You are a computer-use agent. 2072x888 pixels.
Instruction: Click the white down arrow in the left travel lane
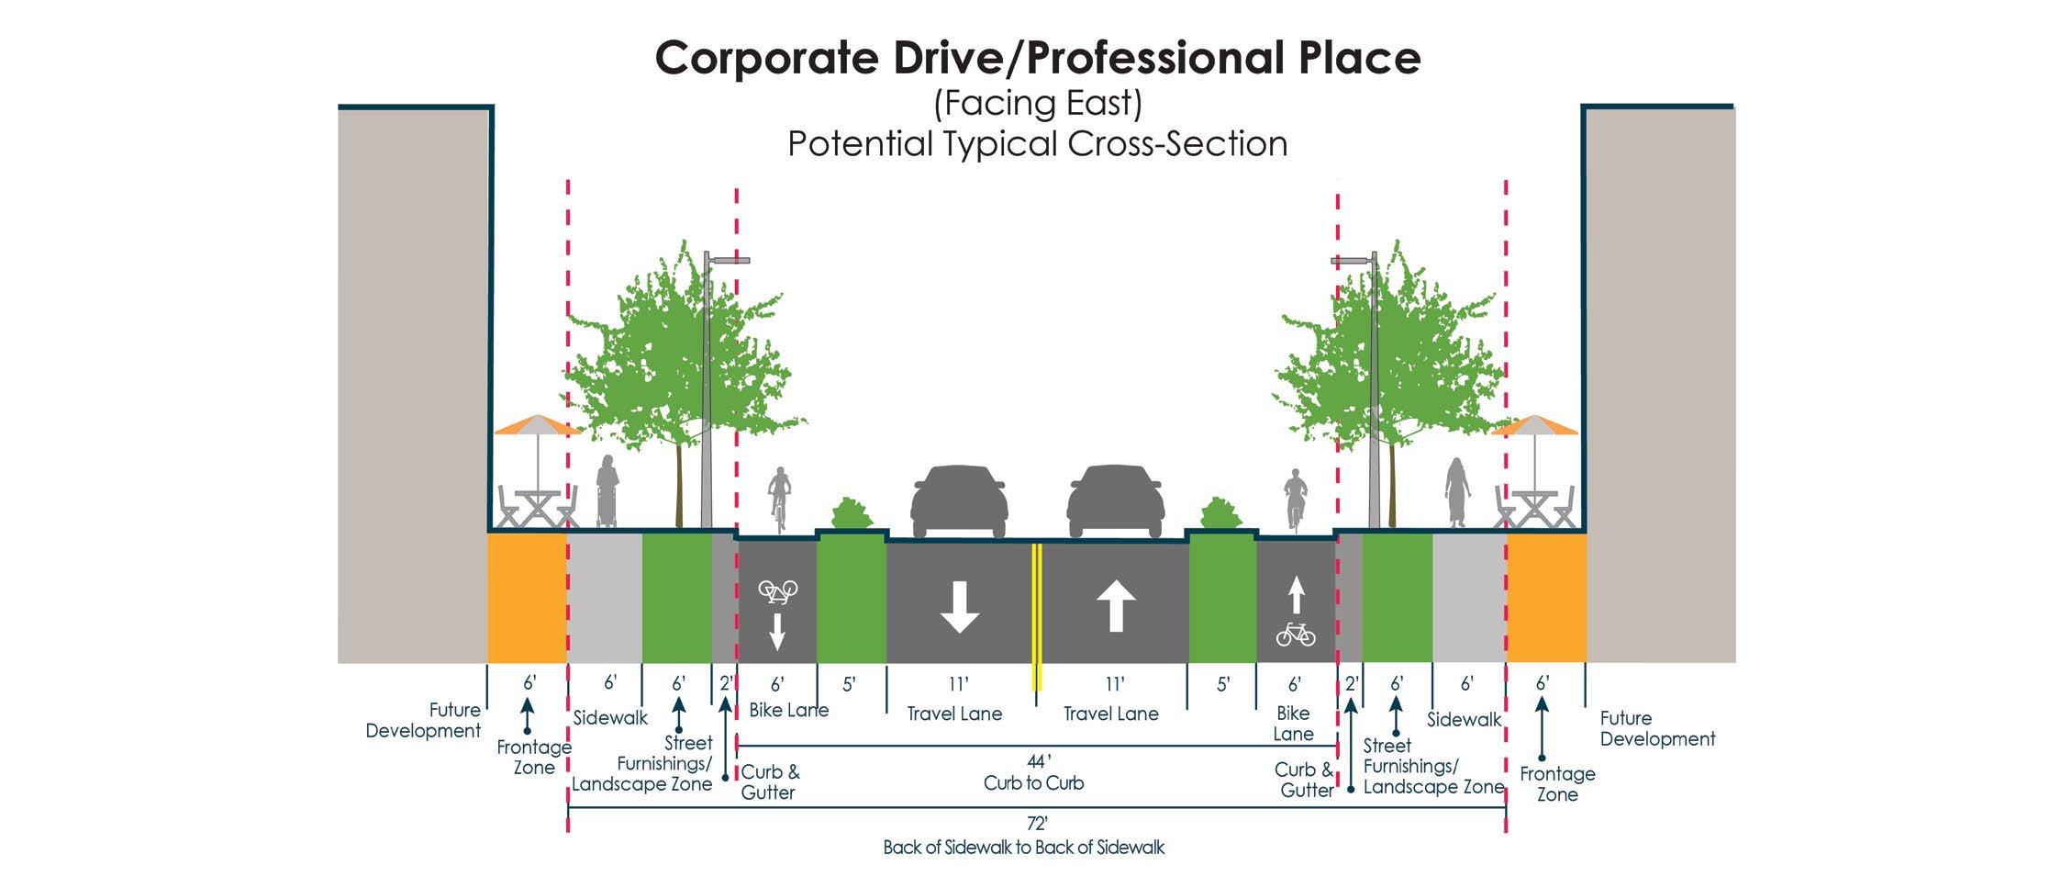(960, 607)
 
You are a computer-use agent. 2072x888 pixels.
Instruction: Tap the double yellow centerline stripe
(1037, 615)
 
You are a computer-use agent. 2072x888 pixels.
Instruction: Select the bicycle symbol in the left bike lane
(777, 591)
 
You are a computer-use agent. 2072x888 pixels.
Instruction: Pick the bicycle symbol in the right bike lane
(1295, 635)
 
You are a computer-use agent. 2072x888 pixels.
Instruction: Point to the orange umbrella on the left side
(537, 426)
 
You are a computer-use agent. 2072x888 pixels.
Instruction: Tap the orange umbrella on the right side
(1534, 426)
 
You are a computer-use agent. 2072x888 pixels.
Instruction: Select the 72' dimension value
(1037, 824)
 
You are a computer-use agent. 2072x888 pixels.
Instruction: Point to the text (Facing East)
(1037, 103)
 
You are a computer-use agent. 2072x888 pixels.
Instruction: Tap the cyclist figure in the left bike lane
(779, 497)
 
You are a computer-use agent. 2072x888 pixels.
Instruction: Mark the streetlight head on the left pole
(730, 260)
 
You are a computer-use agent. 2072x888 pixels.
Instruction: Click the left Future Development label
(423, 721)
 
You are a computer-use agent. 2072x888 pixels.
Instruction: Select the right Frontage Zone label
(1557, 784)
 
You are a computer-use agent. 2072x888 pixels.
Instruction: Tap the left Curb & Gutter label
(770, 782)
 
